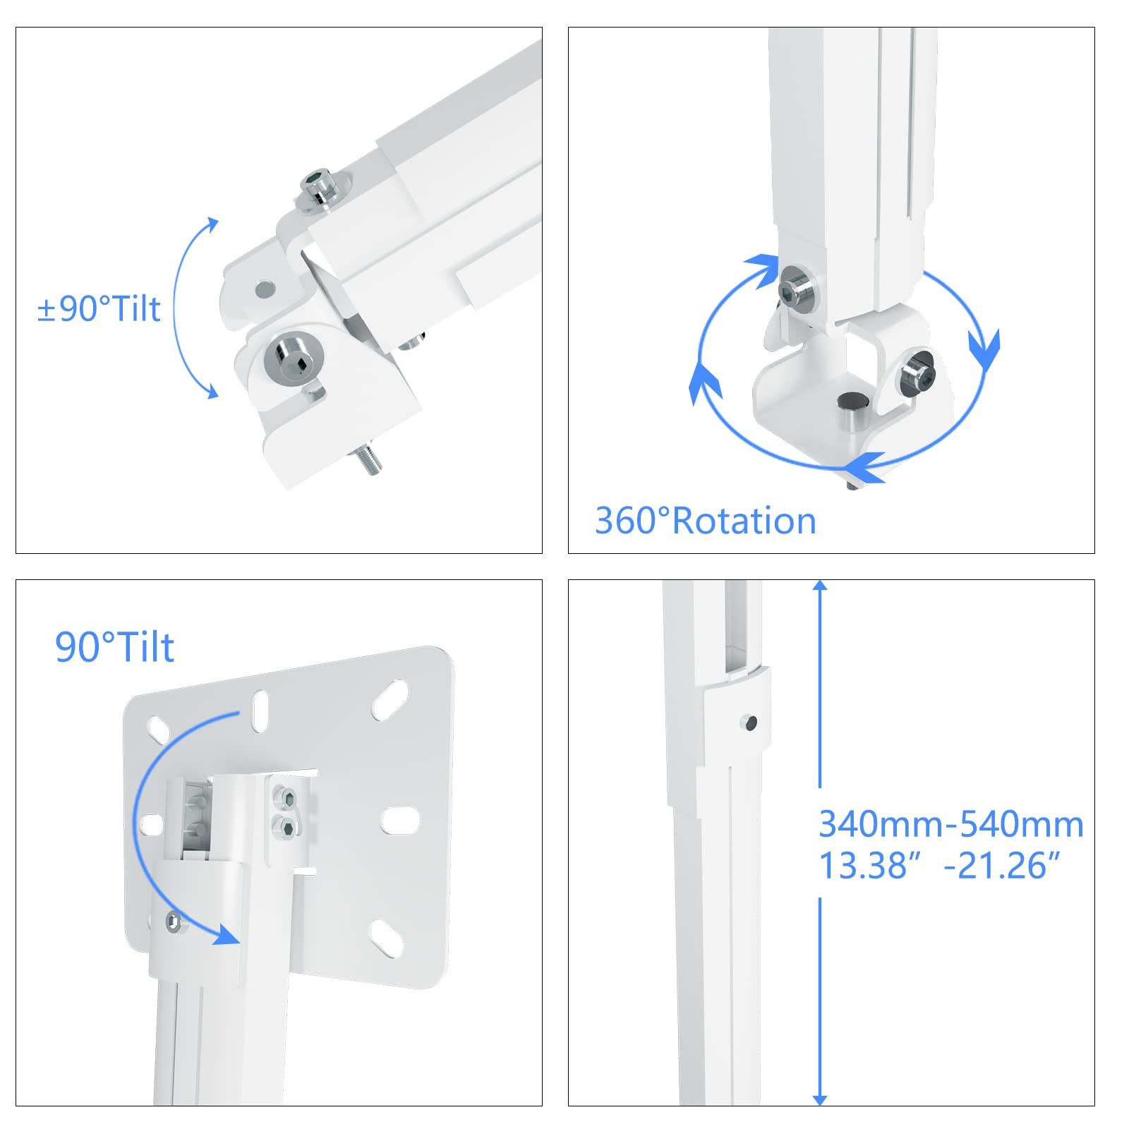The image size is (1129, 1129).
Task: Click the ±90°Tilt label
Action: [x=99, y=309]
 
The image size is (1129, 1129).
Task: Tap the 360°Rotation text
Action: [x=706, y=521]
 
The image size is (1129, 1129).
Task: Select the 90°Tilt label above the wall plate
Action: [x=114, y=647]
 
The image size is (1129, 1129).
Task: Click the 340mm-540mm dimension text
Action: [x=951, y=824]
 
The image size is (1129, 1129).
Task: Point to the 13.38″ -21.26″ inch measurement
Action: [x=939, y=865]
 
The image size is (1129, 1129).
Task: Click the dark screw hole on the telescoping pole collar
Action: [x=750, y=723]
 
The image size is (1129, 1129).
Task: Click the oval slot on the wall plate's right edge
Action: [x=401, y=820]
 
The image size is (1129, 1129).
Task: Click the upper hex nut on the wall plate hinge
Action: [x=287, y=799]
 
